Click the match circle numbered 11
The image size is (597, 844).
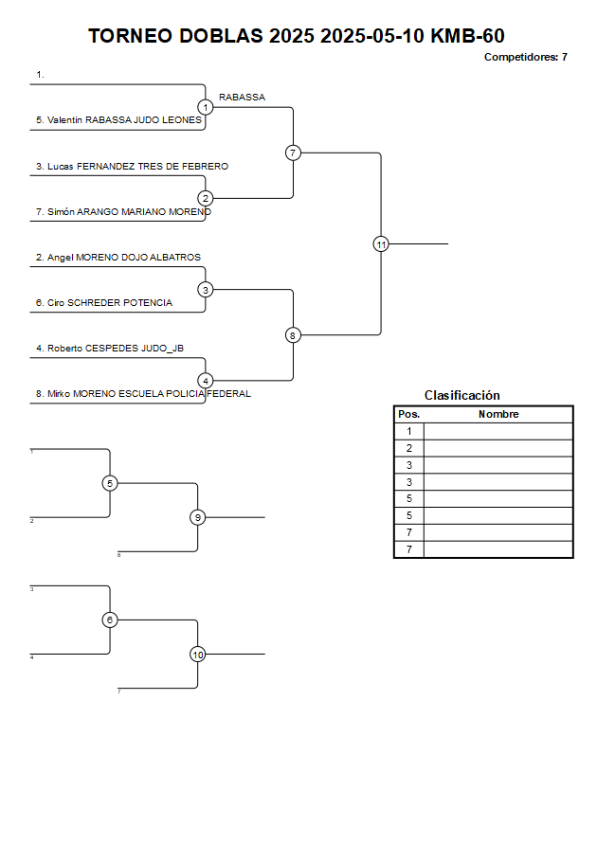point(381,244)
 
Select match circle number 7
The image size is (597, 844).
point(293,153)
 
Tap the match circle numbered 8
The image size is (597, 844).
point(293,335)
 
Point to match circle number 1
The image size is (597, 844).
point(206,107)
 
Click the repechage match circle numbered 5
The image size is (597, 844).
point(110,483)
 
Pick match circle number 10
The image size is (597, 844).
point(197,655)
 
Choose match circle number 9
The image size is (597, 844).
point(197,517)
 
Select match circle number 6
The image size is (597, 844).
point(110,620)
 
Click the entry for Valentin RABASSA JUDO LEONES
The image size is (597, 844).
point(118,120)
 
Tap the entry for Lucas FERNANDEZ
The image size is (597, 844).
point(132,167)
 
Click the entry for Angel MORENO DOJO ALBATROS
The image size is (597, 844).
point(118,258)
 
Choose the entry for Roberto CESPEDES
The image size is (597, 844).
point(110,349)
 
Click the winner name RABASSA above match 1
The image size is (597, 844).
point(242,98)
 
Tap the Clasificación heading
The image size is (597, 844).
point(461,396)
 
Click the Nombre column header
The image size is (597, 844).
point(498,415)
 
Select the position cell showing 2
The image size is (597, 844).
point(408,448)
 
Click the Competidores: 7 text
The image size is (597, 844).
point(525,57)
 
